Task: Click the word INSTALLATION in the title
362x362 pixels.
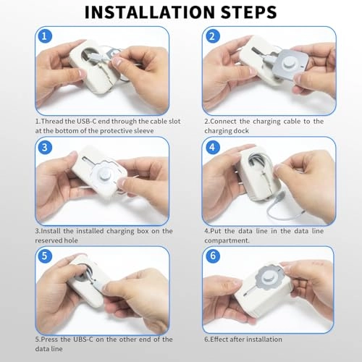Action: (x=150, y=12)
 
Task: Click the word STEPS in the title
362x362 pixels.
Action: (x=249, y=12)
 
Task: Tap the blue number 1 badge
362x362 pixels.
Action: (x=44, y=36)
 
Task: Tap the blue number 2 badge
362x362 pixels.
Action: (x=212, y=36)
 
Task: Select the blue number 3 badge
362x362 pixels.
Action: (x=45, y=147)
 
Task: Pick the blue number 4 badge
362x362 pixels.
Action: (x=212, y=147)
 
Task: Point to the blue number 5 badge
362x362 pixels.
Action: (x=45, y=256)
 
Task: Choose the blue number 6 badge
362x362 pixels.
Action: (x=213, y=256)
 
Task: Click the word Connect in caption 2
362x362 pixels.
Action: (x=223, y=121)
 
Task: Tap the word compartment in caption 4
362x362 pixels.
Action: (x=227, y=240)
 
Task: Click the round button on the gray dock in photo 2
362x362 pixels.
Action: (x=288, y=62)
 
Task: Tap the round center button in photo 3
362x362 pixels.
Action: (x=105, y=174)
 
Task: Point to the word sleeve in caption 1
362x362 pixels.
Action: (x=144, y=131)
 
